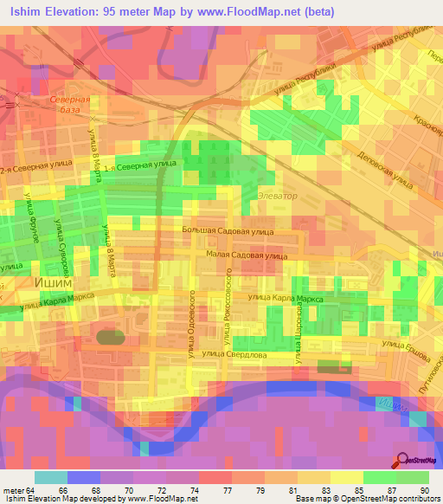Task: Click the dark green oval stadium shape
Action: (x=110, y=336)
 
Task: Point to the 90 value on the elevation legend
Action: (x=423, y=490)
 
